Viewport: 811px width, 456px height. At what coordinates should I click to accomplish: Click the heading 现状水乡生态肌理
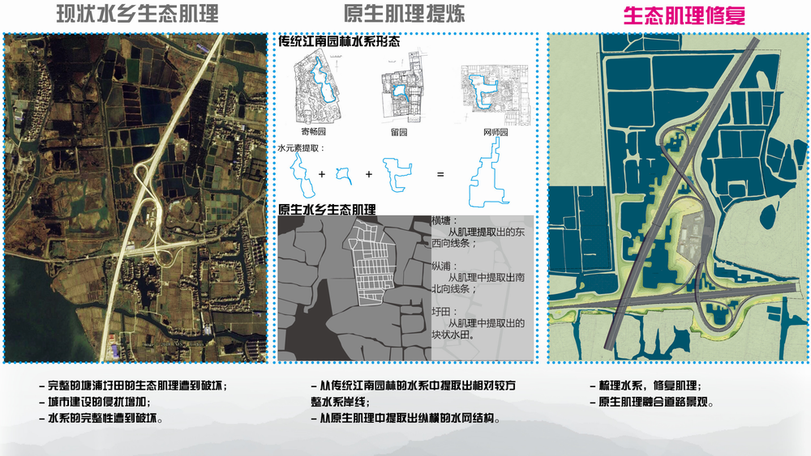point(137,15)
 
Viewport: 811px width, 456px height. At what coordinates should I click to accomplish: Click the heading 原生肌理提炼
point(404,14)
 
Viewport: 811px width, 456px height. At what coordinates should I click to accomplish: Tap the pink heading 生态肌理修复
point(684,15)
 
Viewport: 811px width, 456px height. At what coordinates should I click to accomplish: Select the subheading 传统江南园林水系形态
point(339,41)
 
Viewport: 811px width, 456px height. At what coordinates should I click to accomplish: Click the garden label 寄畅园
point(313,132)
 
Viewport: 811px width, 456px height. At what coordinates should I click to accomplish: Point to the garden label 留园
point(399,132)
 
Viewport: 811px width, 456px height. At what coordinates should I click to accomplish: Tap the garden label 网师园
point(496,132)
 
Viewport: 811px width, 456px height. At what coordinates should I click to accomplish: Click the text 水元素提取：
point(301,148)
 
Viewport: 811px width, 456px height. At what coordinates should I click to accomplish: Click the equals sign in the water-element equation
point(440,175)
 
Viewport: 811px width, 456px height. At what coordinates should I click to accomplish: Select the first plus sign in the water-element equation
point(322,175)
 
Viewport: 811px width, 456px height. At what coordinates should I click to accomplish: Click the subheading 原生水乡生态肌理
point(327,210)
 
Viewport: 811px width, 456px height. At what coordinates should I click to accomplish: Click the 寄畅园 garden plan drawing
point(316,88)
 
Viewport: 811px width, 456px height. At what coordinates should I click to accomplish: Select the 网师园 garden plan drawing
point(496,95)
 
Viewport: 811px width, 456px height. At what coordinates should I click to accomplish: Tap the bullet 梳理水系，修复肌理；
point(646,386)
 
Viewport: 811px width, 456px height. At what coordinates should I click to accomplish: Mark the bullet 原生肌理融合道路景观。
point(652,402)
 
